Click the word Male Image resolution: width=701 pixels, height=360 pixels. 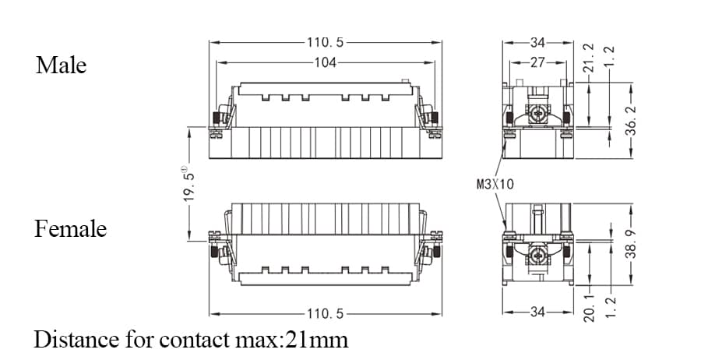coord(61,65)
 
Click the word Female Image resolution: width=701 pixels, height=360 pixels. coord(70,229)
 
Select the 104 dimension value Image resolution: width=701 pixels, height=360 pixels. coord(325,62)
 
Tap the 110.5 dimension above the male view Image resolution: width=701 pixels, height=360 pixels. coord(325,42)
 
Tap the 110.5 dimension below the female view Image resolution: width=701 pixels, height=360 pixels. coord(325,314)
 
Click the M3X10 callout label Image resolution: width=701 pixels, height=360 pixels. coord(495,185)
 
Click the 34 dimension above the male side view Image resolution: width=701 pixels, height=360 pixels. coord(538,42)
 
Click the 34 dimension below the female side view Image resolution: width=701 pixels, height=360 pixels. coord(538,312)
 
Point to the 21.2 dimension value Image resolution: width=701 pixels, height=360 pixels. coord(589,58)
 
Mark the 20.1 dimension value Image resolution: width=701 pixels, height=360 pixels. coord(589,303)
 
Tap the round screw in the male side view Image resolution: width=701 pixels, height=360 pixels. coord(537,115)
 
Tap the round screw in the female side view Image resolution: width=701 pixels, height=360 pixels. coord(537,254)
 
